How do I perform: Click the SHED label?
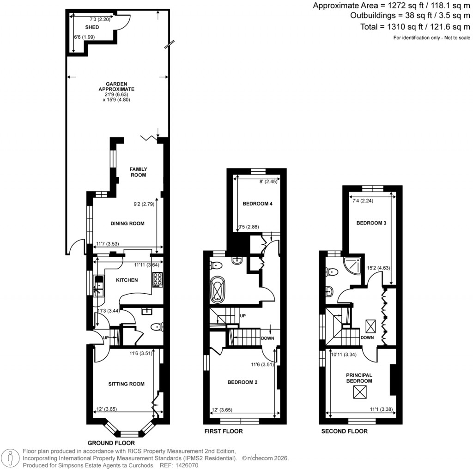click(92, 27)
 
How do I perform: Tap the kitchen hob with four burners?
click(158, 280)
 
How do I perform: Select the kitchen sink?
click(98, 285)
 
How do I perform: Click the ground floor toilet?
click(157, 327)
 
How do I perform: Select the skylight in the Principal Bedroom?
click(360, 392)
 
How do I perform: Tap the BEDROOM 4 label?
click(256, 204)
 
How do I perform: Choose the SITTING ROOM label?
click(126, 384)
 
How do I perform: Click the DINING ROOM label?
click(127, 223)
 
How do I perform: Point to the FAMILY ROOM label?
click(138, 172)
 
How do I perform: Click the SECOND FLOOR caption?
click(345, 432)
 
